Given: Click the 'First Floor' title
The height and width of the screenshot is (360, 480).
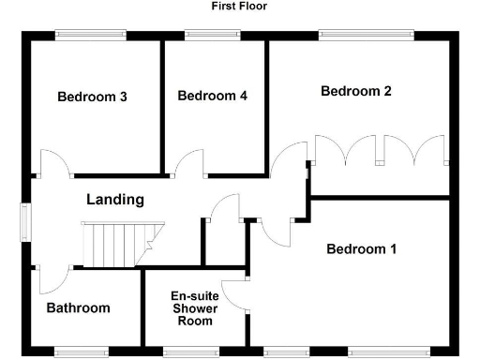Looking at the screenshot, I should [x=239, y=6].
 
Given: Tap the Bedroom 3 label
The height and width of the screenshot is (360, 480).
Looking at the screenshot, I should [x=92, y=97].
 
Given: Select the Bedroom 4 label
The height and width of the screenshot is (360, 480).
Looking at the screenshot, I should [x=212, y=96].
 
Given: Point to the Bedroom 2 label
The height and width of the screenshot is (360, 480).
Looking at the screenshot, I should [x=355, y=91].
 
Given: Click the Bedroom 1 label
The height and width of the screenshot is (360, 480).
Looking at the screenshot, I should [x=362, y=249].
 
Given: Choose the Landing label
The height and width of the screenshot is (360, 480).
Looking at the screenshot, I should [x=115, y=200].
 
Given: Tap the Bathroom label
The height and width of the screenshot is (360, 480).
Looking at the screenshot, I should [x=78, y=307].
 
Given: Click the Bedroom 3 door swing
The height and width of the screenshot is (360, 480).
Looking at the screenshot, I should [x=54, y=161].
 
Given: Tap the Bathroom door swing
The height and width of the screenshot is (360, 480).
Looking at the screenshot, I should [x=52, y=279].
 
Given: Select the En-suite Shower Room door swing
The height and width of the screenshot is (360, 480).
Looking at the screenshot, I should [x=233, y=294].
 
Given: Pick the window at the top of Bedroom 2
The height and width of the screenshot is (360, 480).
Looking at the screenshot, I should [x=365, y=36].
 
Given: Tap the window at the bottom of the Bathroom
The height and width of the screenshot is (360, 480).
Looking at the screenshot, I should [x=81, y=352].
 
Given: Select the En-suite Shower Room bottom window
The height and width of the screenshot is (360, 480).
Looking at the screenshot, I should [x=196, y=352].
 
